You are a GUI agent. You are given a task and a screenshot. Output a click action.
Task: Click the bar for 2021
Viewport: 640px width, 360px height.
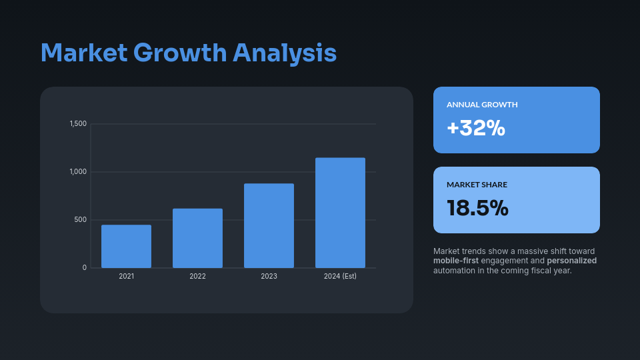126,247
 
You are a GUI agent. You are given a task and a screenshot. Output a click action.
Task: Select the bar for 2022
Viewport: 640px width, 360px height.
197,239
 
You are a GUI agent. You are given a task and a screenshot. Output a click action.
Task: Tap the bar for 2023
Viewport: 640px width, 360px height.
269,226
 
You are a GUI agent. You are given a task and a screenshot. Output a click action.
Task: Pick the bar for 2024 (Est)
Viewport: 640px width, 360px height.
340,213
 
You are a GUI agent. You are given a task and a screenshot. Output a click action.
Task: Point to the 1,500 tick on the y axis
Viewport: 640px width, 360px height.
79,124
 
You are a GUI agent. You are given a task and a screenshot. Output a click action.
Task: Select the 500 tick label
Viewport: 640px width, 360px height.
80,220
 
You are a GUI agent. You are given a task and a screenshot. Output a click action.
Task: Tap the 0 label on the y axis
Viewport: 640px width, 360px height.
85,268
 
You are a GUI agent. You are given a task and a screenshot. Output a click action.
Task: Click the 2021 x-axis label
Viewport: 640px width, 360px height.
126,276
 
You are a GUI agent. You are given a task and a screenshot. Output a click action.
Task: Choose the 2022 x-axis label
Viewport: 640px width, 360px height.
197,276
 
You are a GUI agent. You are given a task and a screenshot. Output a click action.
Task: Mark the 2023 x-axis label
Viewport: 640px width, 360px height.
269,276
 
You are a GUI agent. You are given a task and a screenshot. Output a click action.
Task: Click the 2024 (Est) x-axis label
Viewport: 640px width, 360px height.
340,276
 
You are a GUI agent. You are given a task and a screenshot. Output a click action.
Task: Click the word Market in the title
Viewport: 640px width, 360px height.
84,53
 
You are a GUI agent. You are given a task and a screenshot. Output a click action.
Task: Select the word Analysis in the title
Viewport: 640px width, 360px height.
285,53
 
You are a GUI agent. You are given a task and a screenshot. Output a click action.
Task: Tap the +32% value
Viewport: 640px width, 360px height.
476,128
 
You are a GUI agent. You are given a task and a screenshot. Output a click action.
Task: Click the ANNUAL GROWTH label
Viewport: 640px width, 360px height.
482,105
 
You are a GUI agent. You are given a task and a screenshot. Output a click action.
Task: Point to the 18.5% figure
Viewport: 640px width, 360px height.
477,208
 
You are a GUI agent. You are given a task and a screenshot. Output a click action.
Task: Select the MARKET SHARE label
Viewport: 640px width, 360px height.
477,185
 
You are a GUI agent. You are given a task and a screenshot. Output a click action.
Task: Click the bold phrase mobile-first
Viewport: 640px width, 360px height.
456,261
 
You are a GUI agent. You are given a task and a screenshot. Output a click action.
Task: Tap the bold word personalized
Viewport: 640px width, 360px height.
571,261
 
